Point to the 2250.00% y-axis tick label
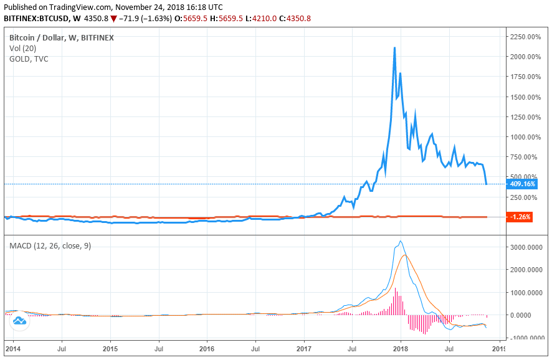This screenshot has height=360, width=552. click(x=524, y=37)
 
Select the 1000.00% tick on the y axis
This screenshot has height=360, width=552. click(x=524, y=137)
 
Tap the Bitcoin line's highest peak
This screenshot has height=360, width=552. click(x=394, y=47)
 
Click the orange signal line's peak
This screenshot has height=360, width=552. click(x=406, y=255)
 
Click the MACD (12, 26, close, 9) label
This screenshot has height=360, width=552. click(x=50, y=246)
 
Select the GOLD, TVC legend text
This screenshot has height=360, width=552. click(x=29, y=59)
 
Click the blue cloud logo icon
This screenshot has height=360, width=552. click(x=19, y=321)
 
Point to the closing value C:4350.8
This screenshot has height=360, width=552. click(x=295, y=18)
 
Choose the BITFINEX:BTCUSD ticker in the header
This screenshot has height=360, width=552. click(x=42, y=18)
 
